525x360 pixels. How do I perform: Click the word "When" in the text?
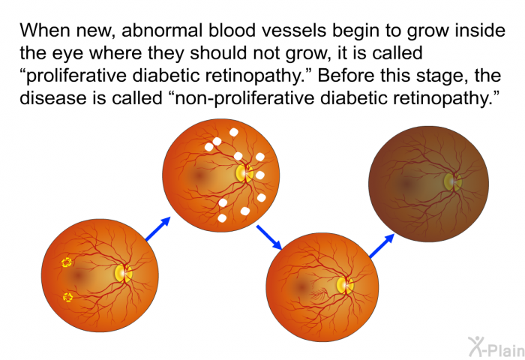pos(45,31)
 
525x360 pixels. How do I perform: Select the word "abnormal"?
pos(162,31)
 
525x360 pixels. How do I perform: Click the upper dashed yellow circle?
pos(67,262)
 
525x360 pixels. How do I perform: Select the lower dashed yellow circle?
pos(68,297)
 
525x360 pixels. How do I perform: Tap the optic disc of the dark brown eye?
pos(453,182)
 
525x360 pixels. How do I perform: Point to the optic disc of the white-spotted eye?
pos(244,173)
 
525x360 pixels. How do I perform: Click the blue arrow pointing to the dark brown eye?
pos(381,246)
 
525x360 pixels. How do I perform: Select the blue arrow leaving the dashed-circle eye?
pos(158,229)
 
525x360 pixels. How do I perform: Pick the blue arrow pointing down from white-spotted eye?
pos(269,238)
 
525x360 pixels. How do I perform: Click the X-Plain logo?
pos(496,347)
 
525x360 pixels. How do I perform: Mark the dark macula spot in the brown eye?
pos(406,183)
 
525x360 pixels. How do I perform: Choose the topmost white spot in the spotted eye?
pos(234,132)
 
